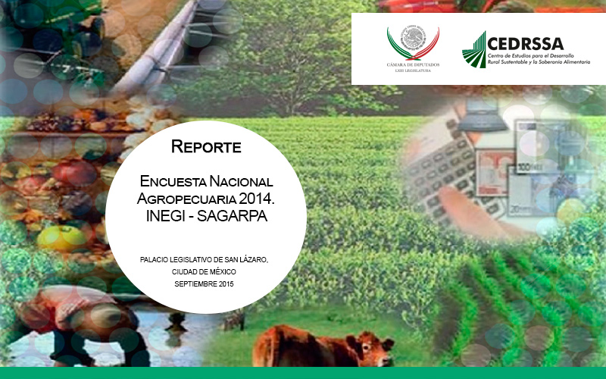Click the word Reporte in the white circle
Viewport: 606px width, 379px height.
click(206, 146)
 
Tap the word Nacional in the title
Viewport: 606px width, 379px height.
click(242, 183)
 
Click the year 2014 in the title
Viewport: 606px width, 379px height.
click(255, 199)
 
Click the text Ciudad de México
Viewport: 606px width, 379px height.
click(204, 271)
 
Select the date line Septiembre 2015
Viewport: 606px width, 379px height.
click(204, 283)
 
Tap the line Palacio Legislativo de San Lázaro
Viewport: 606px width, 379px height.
click(205, 260)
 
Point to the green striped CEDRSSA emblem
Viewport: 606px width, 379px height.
click(474, 50)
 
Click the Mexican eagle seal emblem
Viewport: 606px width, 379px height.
click(413, 40)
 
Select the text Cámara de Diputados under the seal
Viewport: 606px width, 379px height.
click(413, 65)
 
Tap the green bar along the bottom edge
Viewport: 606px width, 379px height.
click(303, 373)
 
